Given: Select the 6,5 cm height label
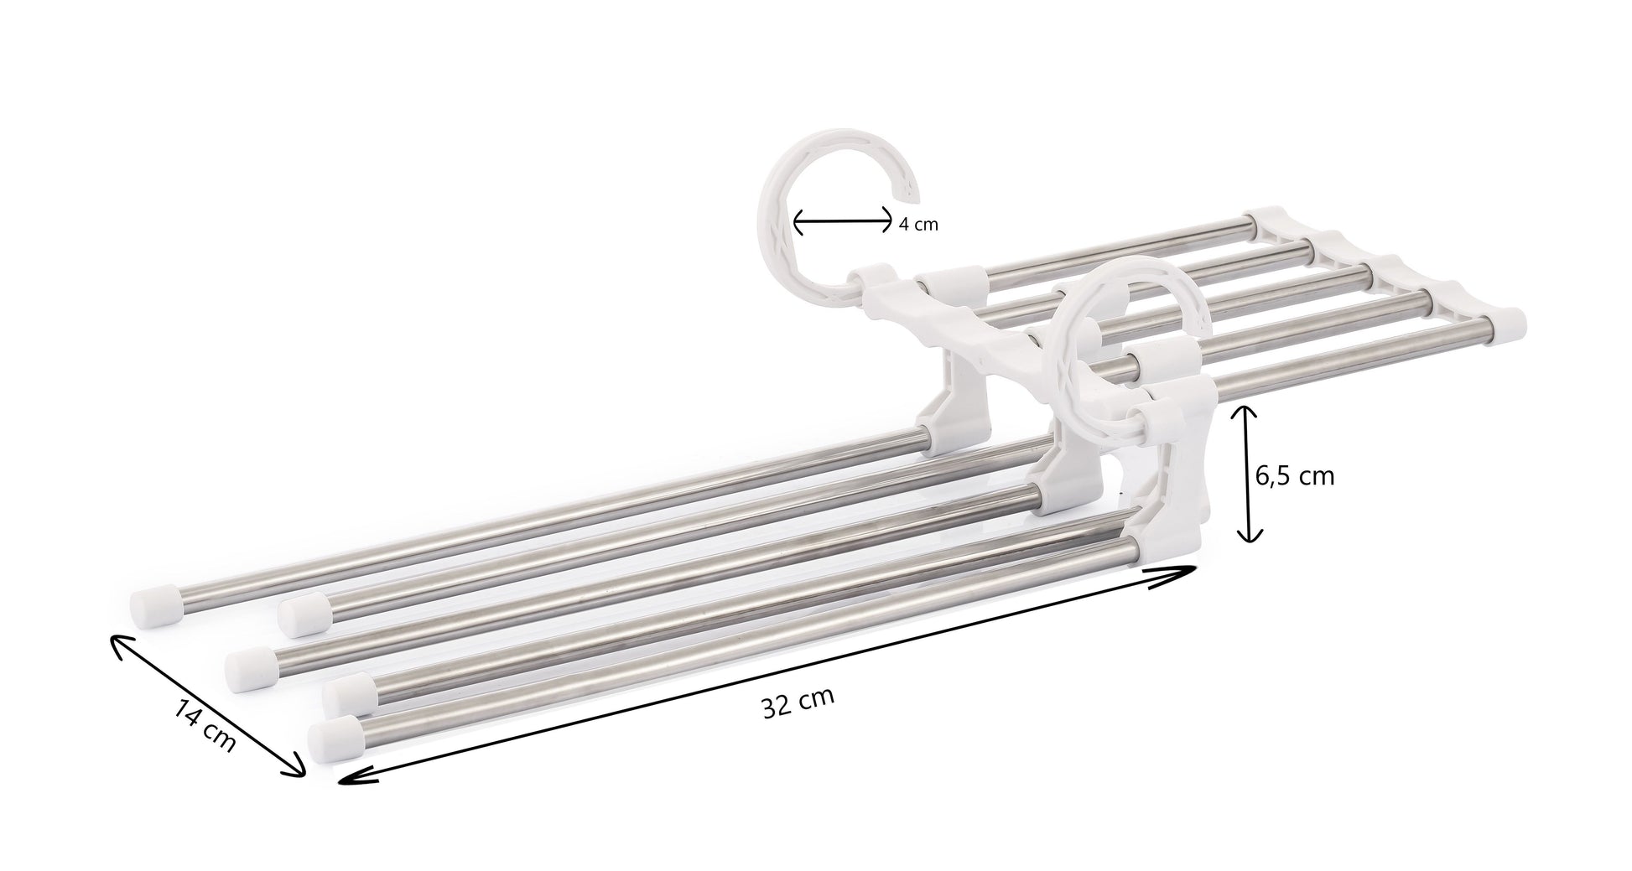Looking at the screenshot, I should click(x=1294, y=476).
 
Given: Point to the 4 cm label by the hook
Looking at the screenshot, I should click(x=917, y=225).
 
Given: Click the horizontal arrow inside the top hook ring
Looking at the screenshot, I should click(x=843, y=222).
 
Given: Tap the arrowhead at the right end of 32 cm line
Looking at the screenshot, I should click(x=1182, y=570).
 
